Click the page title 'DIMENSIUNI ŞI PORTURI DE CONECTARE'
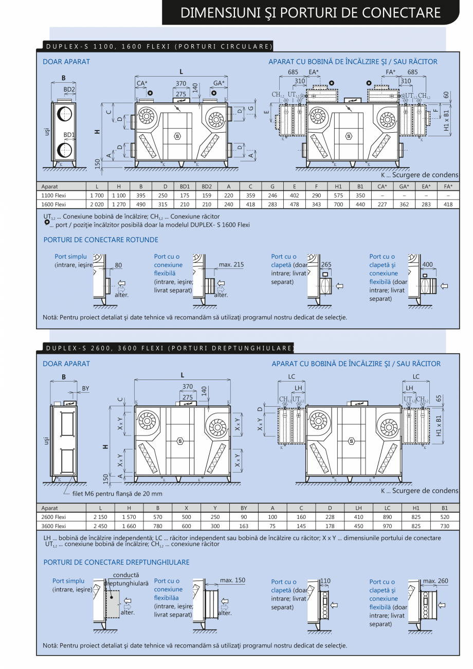(311, 13)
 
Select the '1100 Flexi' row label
(54, 195)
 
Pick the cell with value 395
(141, 195)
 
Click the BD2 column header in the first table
(207, 187)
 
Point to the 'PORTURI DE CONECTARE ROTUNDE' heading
(101, 240)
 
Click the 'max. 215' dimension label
(231, 265)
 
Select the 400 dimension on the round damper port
(427, 265)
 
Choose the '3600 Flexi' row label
(54, 526)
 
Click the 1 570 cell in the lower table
(129, 517)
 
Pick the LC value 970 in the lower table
(387, 526)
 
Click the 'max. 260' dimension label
(435, 581)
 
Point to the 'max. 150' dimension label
(232, 580)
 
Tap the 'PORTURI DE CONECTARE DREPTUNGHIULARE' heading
(116, 562)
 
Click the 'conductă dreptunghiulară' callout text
(125, 579)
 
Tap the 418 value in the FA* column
(448, 204)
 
